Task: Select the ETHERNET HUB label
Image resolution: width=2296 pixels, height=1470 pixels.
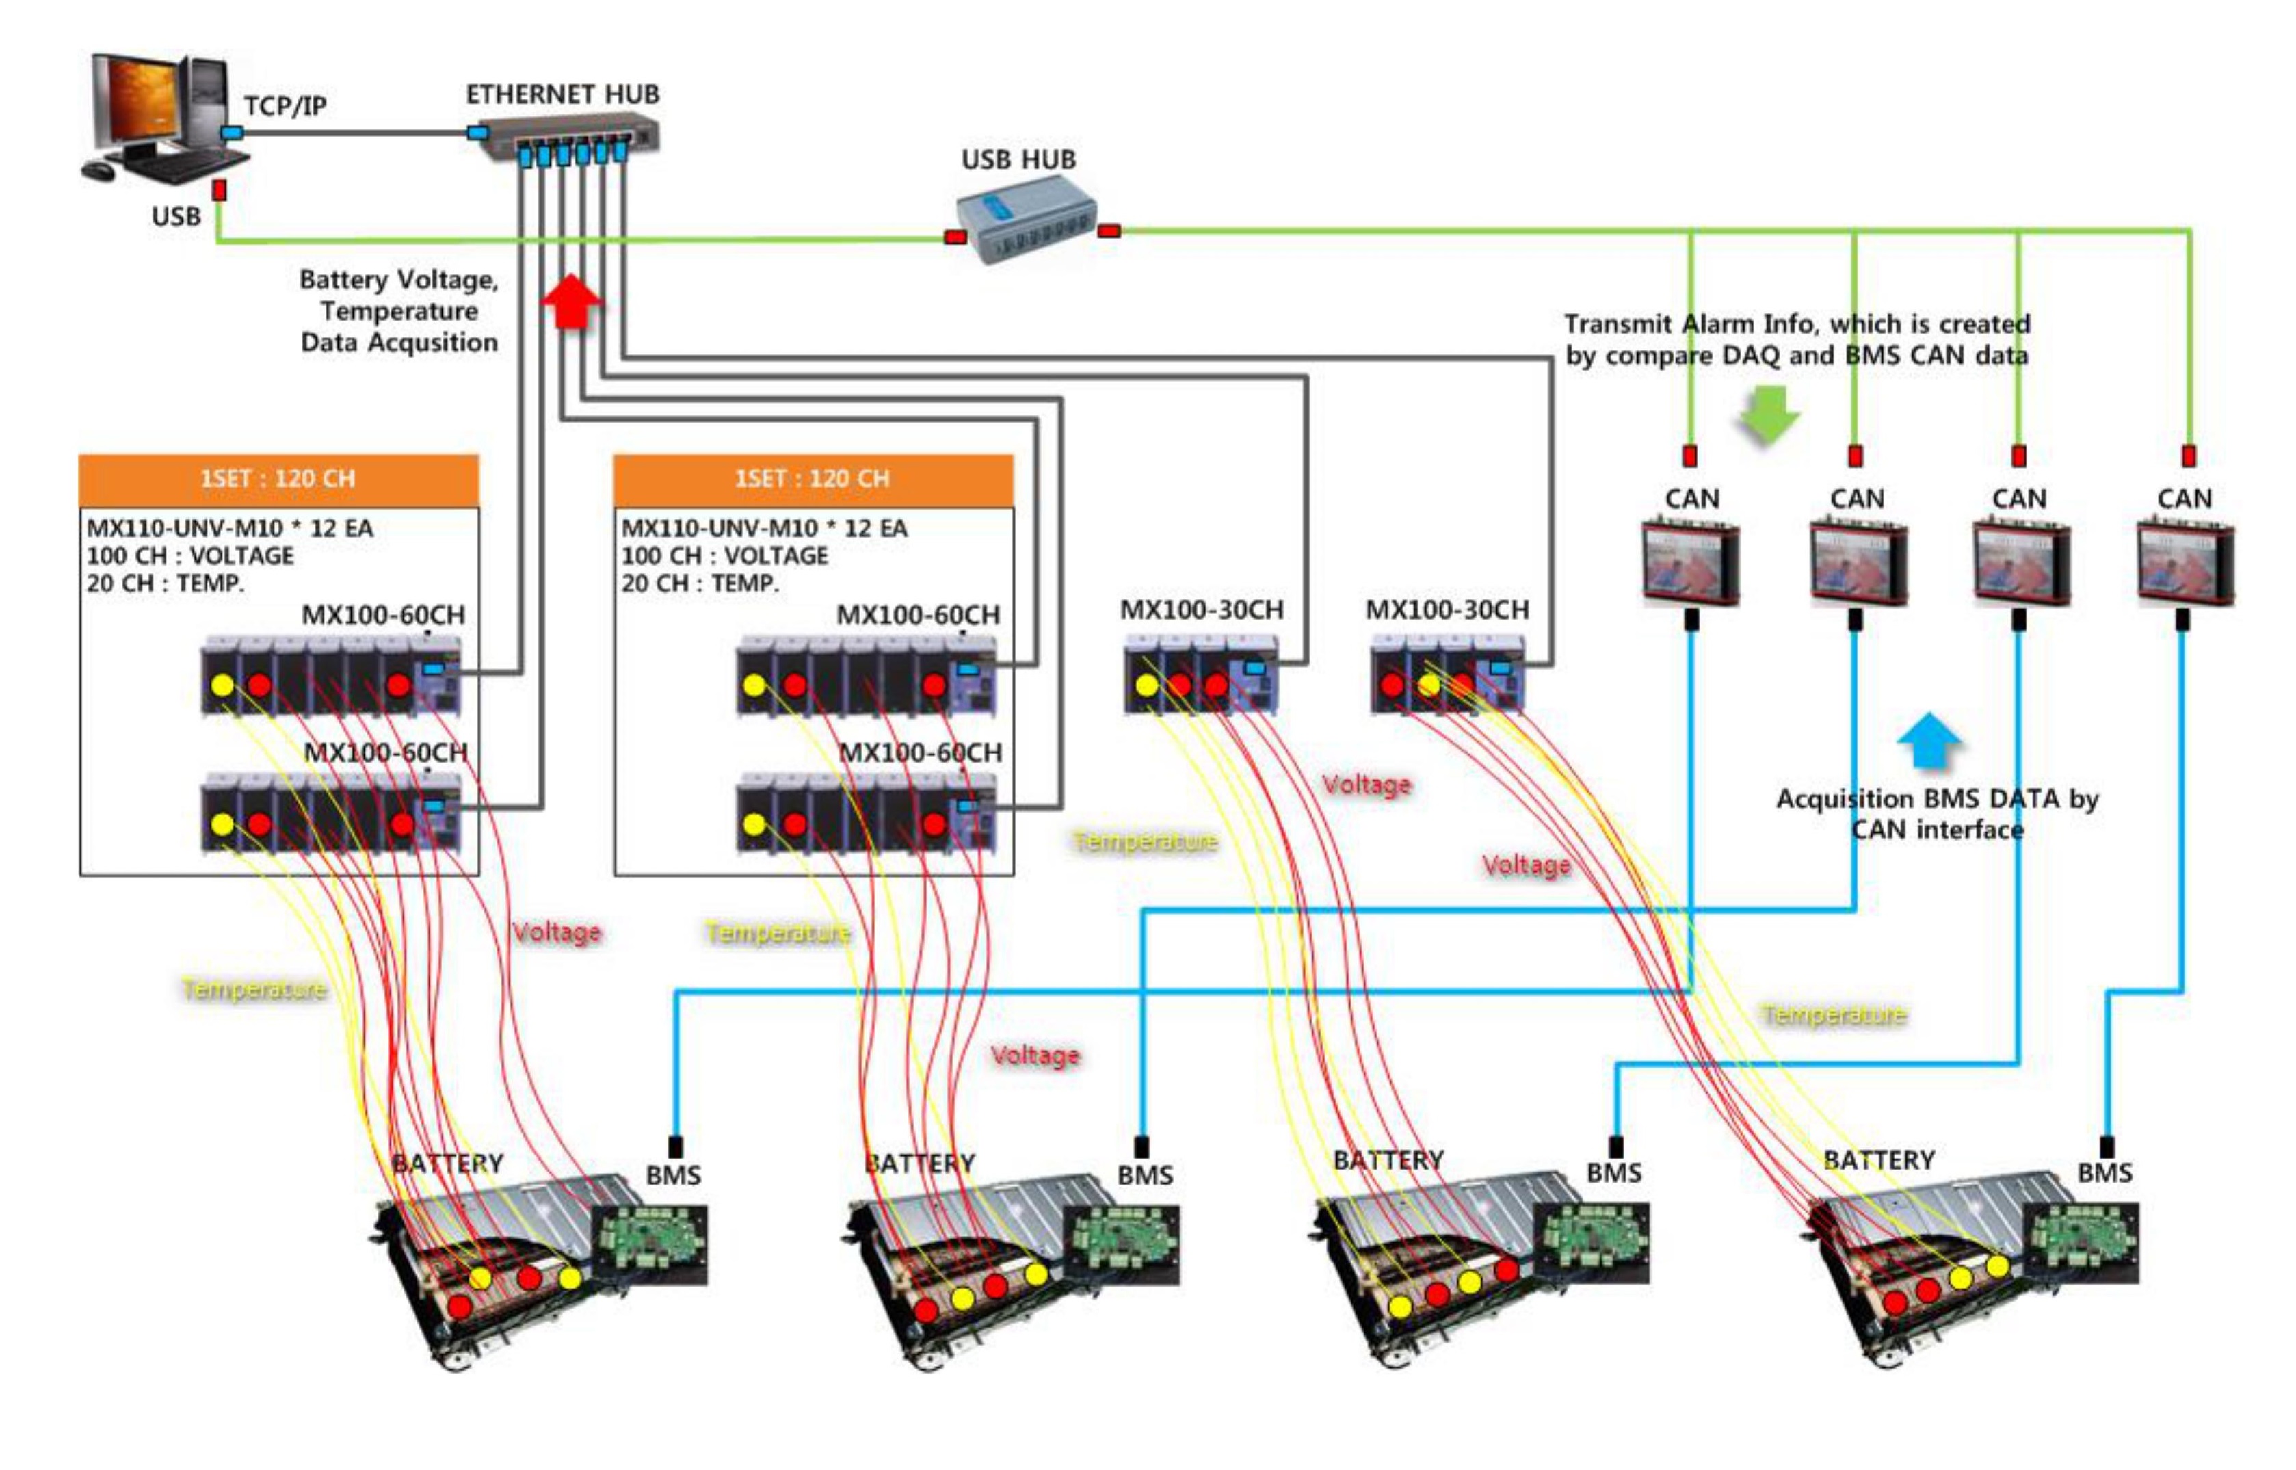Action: [562, 94]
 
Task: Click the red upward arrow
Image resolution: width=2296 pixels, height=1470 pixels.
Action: [570, 301]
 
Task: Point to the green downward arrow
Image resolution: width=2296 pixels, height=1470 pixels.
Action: [1768, 415]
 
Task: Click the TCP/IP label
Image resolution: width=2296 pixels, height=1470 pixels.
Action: [285, 105]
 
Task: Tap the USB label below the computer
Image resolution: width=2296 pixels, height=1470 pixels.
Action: [176, 217]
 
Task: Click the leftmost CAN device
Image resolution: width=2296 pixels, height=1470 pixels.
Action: [1690, 563]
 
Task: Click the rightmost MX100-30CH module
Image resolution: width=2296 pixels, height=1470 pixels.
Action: [1447, 678]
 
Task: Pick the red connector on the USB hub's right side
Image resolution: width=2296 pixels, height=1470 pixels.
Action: [1108, 231]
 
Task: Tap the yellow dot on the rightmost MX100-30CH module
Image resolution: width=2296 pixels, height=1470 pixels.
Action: [1429, 685]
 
